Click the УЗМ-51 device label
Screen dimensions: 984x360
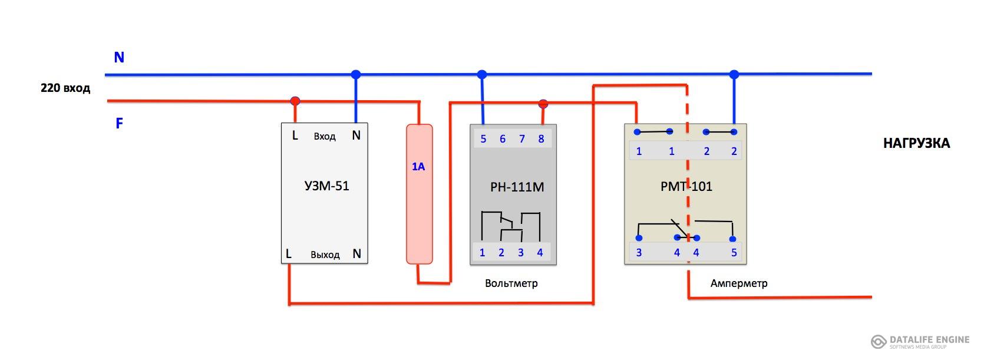point(326,186)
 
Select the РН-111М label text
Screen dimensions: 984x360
point(517,187)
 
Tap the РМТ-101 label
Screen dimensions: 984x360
point(686,187)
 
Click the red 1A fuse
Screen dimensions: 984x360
point(420,194)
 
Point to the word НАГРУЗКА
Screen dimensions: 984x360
point(916,144)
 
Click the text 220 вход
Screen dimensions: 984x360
point(65,88)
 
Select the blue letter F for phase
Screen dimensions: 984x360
point(119,123)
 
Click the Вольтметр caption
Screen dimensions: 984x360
point(511,283)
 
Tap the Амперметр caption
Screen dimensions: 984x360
point(739,283)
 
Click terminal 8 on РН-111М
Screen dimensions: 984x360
point(541,139)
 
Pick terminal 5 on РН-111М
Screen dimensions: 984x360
point(483,139)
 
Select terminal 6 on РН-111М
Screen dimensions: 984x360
point(503,139)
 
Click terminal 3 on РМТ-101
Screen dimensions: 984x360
point(639,253)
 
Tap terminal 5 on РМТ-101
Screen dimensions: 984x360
point(734,253)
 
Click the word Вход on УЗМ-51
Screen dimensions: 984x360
point(325,137)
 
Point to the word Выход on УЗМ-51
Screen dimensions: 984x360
point(325,255)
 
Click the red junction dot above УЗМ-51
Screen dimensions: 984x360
point(295,101)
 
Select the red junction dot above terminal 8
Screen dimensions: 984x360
point(543,104)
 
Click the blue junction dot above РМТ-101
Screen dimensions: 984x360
point(734,75)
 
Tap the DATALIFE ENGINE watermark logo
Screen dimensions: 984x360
point(920,342)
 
